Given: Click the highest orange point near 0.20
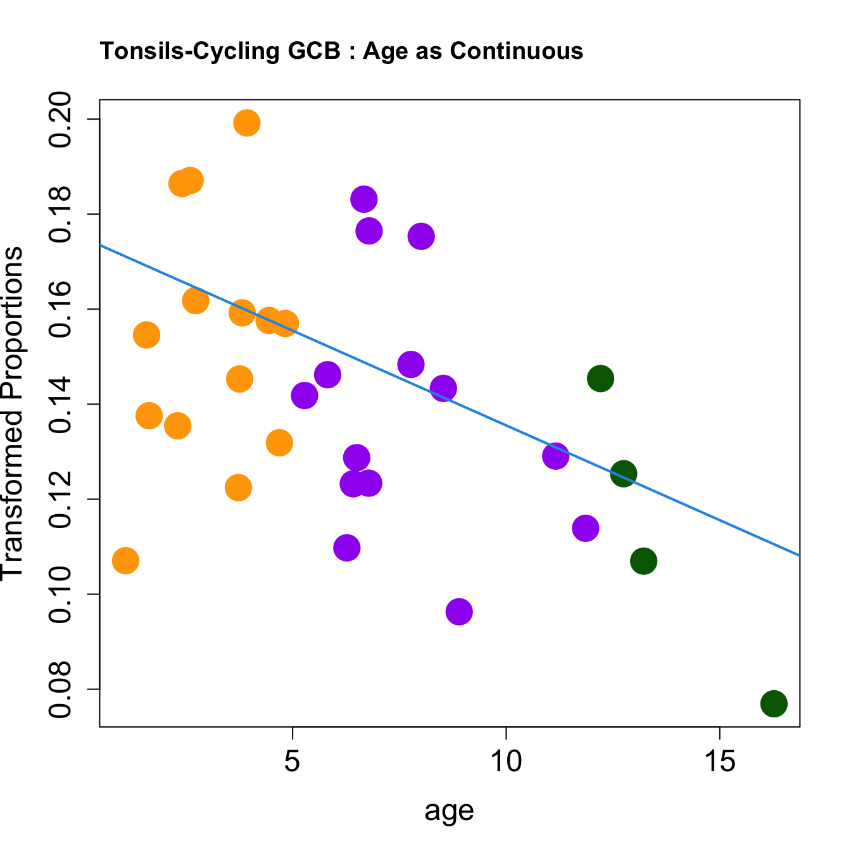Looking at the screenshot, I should (x=247, y=123).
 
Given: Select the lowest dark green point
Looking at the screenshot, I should (x=774, y=703).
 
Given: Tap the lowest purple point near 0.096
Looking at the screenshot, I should (x=459, y=612).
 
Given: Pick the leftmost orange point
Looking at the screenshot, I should (x=125, y=560).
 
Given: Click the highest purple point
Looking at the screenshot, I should (x=363, y=199).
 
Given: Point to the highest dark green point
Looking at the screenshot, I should (x=600, y=379).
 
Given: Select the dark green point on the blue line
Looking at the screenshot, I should (x=624, y=474).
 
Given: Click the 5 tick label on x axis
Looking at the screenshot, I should (x=292, y=762).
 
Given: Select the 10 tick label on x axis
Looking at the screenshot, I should (x=506, y=762).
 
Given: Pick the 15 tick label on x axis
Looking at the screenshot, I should (x=720, y=762).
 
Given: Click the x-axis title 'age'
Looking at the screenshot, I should (x=450, y=810).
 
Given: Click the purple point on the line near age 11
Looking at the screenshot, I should (x=555, y=456).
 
